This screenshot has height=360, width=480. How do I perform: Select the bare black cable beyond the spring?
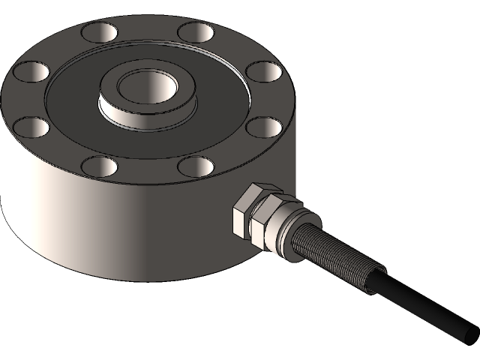(420, 304)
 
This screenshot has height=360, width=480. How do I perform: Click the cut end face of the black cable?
(468, 331)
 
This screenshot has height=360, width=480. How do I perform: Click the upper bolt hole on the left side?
(28, 72)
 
